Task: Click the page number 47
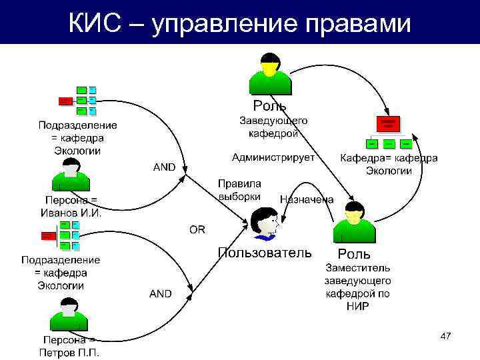tap(446, 337)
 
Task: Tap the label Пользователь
tap(265, 253)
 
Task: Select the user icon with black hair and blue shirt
tap(265, 223)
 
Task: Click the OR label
tap(198, 229)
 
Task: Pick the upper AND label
tap(165, 167)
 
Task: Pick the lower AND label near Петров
tap(160, 293)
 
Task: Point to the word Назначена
tap(307, 199)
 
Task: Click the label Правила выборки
tap(240, 189)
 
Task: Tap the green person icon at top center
tap(270, 75)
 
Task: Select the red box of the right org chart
tap(389, 123)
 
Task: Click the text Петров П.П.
tap(69, 352)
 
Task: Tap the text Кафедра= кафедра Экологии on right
tap(389, 164)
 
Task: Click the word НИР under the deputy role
tap(357, 306)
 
